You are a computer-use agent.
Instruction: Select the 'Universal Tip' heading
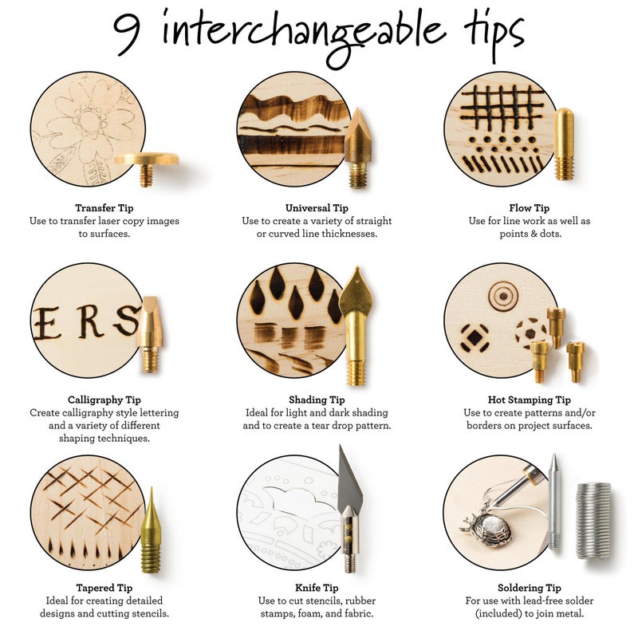pyautogui.click(x=317, y=207)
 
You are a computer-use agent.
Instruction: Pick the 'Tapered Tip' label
pyautogui.click(x=104, y=588)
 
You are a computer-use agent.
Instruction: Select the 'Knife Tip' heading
pyautogui.click(x=317, y=588)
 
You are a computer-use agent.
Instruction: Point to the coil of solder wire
pyautogui.click(x=593, y=519)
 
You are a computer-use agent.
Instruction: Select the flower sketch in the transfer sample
pyautogui.click(x=89, y=120)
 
